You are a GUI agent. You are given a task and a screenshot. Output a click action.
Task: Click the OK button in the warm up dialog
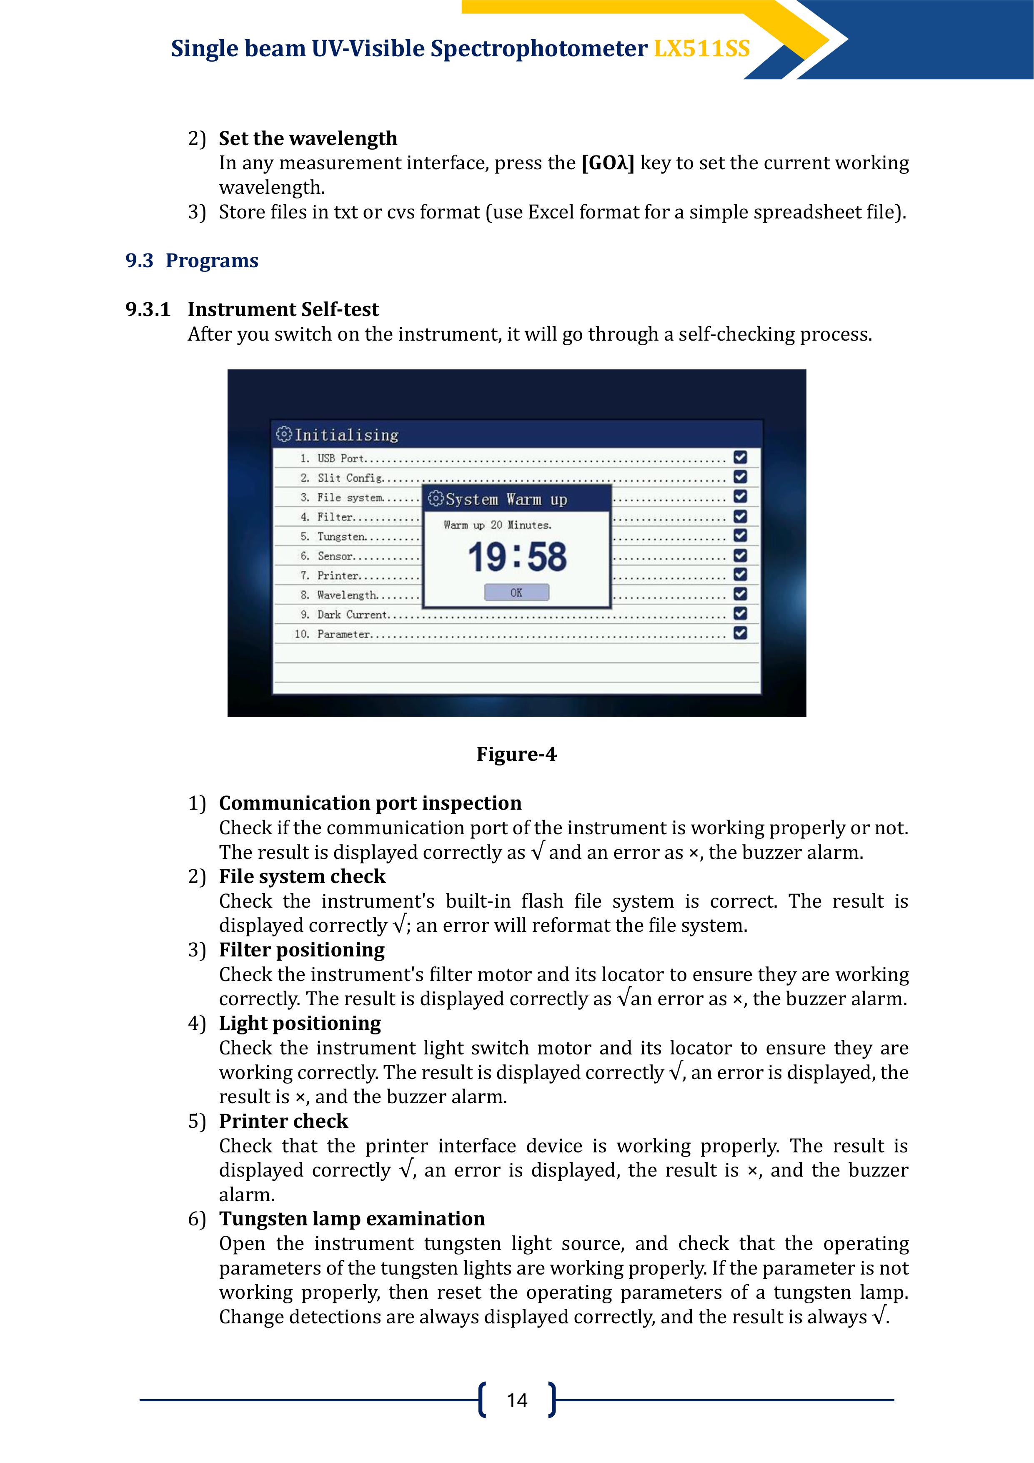click(516, 592)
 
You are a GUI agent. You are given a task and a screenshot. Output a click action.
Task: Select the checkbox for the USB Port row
click(740, 457)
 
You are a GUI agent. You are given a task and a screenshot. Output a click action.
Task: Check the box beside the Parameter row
click(740, 633)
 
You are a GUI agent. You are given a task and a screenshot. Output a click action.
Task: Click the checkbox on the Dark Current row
click(740, 614)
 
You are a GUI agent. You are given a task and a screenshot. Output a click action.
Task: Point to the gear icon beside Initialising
click(283, 434)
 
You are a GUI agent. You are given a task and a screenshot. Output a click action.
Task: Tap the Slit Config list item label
click(350, 478)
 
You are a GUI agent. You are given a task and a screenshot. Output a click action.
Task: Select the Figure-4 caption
click(516, 755)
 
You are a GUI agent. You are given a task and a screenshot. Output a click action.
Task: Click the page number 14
click(517, 1400)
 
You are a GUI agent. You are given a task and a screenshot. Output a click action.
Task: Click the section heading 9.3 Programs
click(192, 261)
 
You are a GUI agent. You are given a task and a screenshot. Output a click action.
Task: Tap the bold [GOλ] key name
click(608, 163)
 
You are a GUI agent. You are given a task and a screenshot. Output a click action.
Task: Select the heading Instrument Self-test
click(283, 310)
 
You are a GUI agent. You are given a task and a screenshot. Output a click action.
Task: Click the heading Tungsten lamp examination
click(352, 1219)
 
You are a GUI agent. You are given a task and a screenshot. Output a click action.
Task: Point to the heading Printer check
click(283, 1122)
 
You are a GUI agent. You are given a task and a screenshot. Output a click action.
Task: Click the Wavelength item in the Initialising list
click(347, 595)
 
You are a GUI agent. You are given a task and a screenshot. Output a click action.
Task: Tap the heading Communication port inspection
click(370, 803)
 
